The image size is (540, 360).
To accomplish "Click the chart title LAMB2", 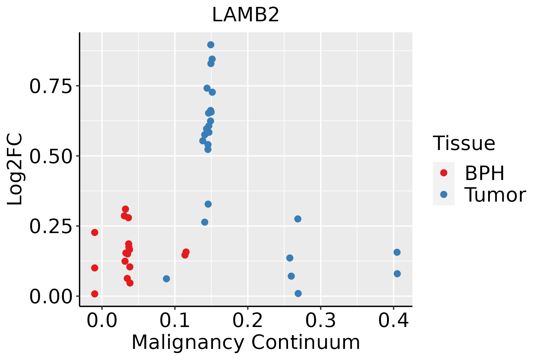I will click(x=245, y=15).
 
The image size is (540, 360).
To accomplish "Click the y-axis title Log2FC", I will click(x=15, y=169).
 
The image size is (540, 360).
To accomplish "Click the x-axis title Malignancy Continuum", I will click(x=245, y=343).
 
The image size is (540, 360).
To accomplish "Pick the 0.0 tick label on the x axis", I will click(x=102, y=321).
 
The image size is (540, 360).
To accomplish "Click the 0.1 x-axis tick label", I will click(x=175, y=321).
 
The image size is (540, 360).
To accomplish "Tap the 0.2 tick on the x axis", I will click(x=248, y=321).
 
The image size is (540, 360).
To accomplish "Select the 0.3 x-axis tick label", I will click(x=321, y=321).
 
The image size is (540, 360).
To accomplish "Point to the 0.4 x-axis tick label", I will click(x=393, y=321).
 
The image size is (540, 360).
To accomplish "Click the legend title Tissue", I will click(x=464, y=143).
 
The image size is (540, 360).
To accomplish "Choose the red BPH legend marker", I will click(x=443, y=173).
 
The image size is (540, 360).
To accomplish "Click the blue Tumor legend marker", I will click(x=443, y=194).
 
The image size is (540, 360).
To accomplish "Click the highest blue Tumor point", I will click(x=211, y=45).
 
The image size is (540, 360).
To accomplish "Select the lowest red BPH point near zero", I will click(x=94, y=294).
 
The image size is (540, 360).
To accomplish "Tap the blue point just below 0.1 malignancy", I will click(x=166, y=279).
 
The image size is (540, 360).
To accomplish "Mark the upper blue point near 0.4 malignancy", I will click(x=397, y=252).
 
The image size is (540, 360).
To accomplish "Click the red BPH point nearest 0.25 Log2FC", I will click(x=94, y=232).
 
